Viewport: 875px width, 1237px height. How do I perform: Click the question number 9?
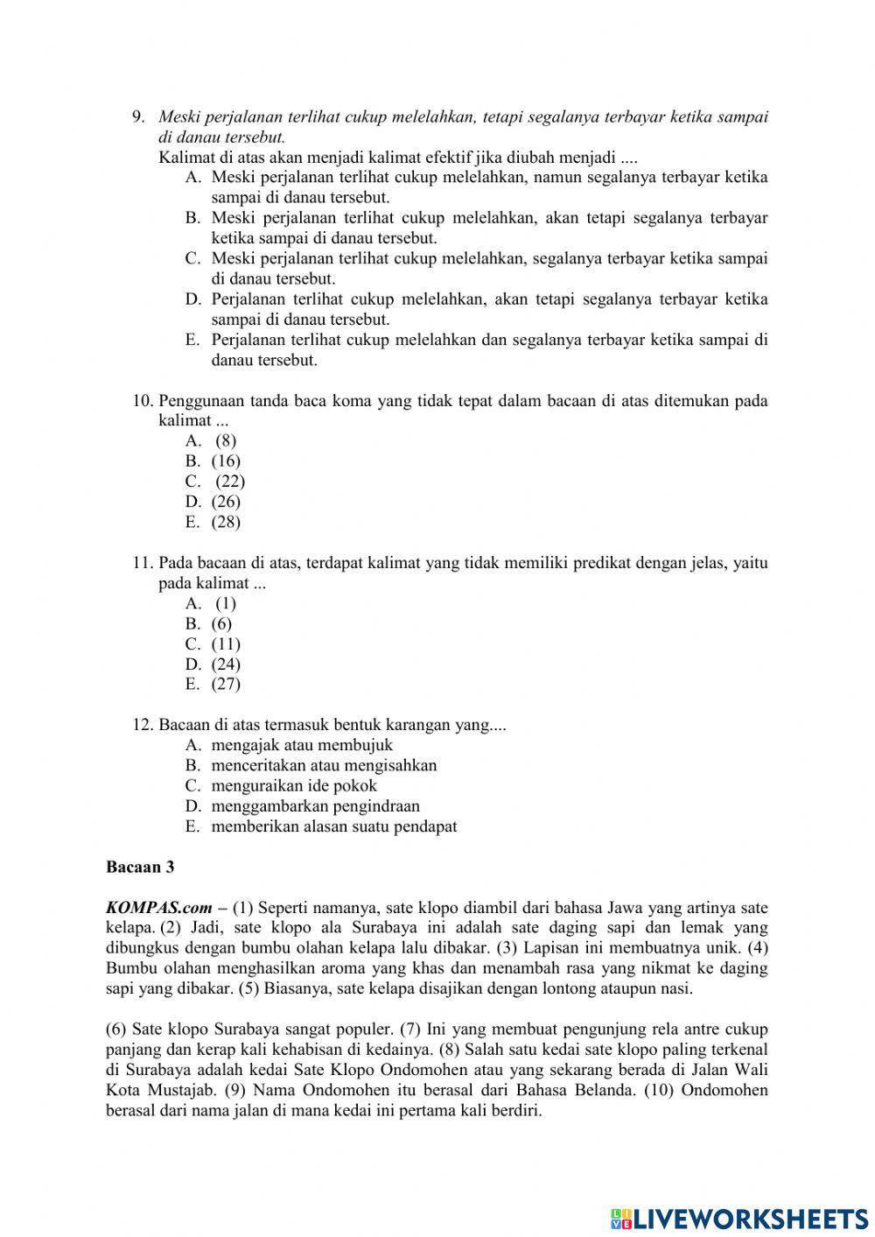pyautogui.click(x=137, y=117)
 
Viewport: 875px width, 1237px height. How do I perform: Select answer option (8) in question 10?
pyautogui.click(x=226, y=441)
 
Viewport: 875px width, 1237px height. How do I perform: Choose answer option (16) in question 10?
pyautogui.click(x=226, y=461)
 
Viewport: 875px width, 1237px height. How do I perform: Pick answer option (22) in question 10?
pyautogui.click(x=230, y=481)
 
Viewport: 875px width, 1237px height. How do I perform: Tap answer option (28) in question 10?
pyautogui.click(x=226, y=523)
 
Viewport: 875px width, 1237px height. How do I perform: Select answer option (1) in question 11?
pyautogui.click(x=226, y=603)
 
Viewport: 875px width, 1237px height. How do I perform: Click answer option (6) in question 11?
pyautogui.click(x=221, y=624)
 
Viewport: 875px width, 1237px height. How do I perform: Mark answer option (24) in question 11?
pyautogui.click(x=226, y=664)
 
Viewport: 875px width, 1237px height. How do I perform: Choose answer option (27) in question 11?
pyautogui.click(x=226, y=685)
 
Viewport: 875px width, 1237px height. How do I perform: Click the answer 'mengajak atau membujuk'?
pyautogui.click(x=302, y=746)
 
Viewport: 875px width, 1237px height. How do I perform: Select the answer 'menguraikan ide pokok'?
pyautogui.click(x=294, y=786)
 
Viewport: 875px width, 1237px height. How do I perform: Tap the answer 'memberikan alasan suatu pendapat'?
pyautogui.click(x=333, y=826)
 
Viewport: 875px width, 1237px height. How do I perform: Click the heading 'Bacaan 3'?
pyautogui.click(x=140, y=868)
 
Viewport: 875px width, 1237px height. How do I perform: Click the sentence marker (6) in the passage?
pyautogui.click(x=116, y=1030)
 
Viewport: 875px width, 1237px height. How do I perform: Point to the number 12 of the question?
pyautogui.click(x=143, y=726)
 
